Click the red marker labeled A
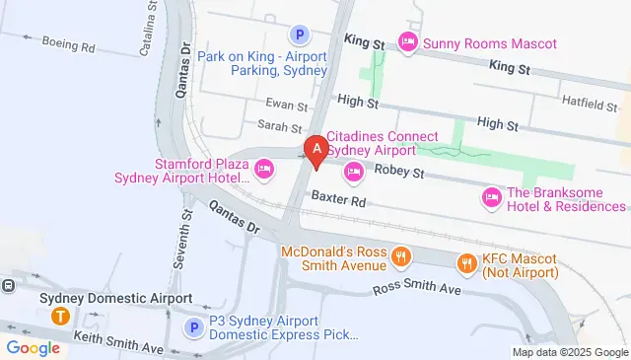[316, 151]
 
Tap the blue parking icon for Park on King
[301, 35]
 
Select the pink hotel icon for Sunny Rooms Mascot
[406, 41]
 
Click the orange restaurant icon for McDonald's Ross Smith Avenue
[400, 259]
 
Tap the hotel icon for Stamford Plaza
[263, 171]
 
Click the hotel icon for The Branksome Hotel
[491, 198]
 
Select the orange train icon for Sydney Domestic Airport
[60, 317]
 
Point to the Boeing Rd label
[69, 44]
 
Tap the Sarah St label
[278, 126]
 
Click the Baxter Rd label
[338, 200]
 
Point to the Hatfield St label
[590, 102]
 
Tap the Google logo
[33, 347]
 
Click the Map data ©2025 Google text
[570, 352]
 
